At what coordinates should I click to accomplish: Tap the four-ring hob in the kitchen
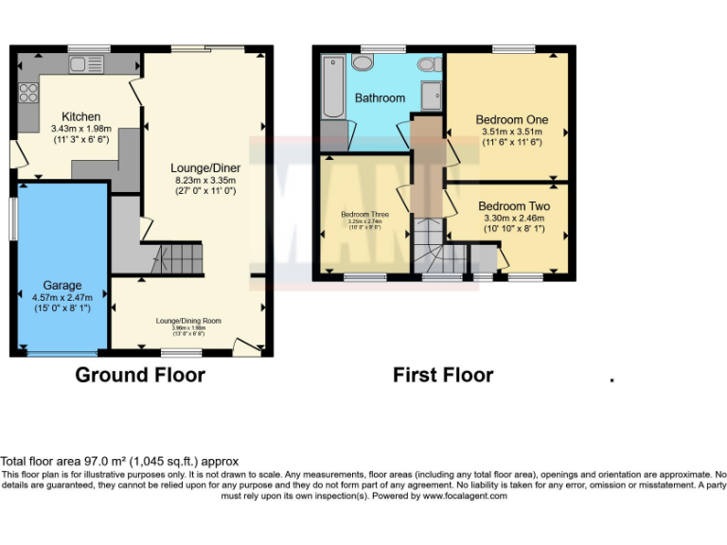(x=27, y=93)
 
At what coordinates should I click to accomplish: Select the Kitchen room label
(x=81, y=116)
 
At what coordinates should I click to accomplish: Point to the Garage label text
(x=62, y=285)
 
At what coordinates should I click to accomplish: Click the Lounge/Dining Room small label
(x=188, y=321)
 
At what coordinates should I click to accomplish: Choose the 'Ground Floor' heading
(x=140, y=375)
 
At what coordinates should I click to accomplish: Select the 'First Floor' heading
(x=443, y=375)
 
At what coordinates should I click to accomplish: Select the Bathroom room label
(x=380, y=97)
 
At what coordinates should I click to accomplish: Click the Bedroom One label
(x=511, y=120)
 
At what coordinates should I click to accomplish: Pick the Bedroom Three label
(x=364, y=214)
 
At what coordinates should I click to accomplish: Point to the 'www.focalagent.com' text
(x=464, y=496)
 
